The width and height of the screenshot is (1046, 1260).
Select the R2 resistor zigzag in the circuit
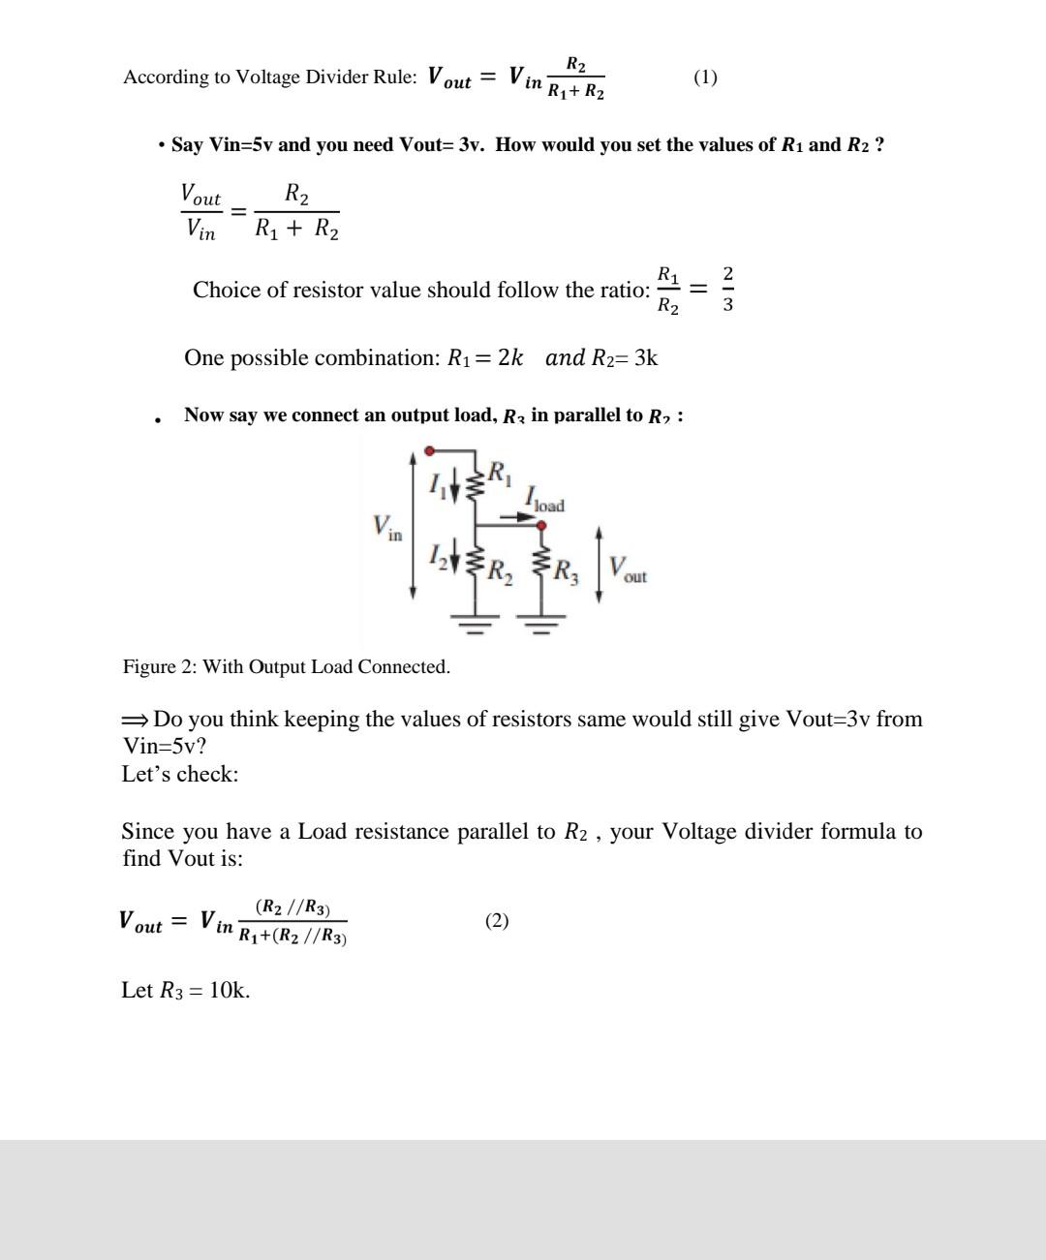pyautogui.click(x=475, y=563)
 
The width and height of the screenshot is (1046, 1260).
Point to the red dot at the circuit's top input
pyautogui.click(x=430, y=450)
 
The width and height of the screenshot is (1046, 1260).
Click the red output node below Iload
pyautogui.click(x=541, y=526)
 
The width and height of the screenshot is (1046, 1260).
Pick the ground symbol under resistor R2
pyautogui.click(x=475, y=620)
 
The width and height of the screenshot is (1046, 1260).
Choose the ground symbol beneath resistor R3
pyautogui.click(x=542, y=620)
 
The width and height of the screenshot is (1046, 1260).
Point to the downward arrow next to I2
pyautogui.click(x=453, y=559)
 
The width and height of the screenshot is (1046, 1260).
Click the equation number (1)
pyautogui.click(x=705, y=77)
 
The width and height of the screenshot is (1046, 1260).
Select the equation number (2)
pyautogui.click(x=497, y=920)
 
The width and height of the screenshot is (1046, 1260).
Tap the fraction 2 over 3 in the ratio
pyautogui.click(x=728, y=290)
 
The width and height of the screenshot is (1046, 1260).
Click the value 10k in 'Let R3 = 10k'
pyautogui.click(x=230, y=990)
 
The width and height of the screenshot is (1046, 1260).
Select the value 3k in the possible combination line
pyautogui.click(x=646, y=357)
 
